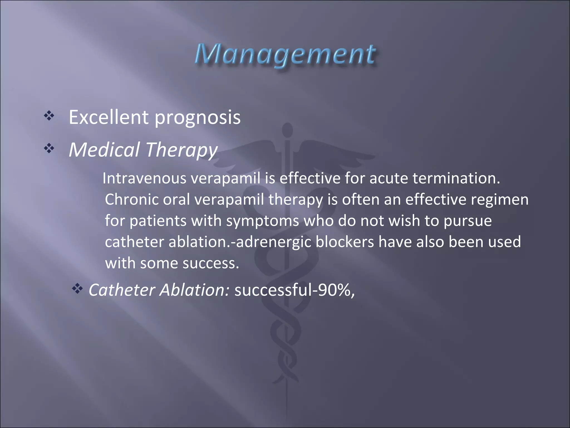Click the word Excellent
tap(109, 117)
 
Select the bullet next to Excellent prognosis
tap(49, 116)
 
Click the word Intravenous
tap(144, 178)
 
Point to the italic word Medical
tap(104, 150)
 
